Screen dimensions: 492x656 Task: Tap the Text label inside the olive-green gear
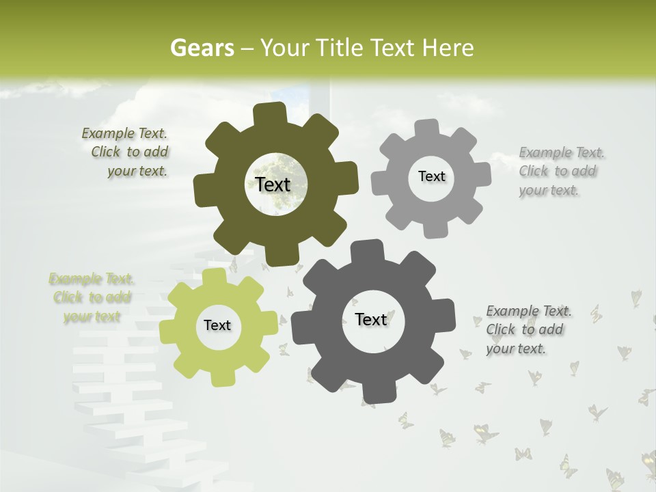point(273,184)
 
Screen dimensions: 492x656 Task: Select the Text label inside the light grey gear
point(431,176)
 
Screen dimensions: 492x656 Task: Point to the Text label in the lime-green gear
point(217,325)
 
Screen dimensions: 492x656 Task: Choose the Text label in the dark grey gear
point(371,319)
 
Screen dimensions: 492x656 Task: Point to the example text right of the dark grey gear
point(528,329)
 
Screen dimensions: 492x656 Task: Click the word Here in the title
point(449,48)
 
